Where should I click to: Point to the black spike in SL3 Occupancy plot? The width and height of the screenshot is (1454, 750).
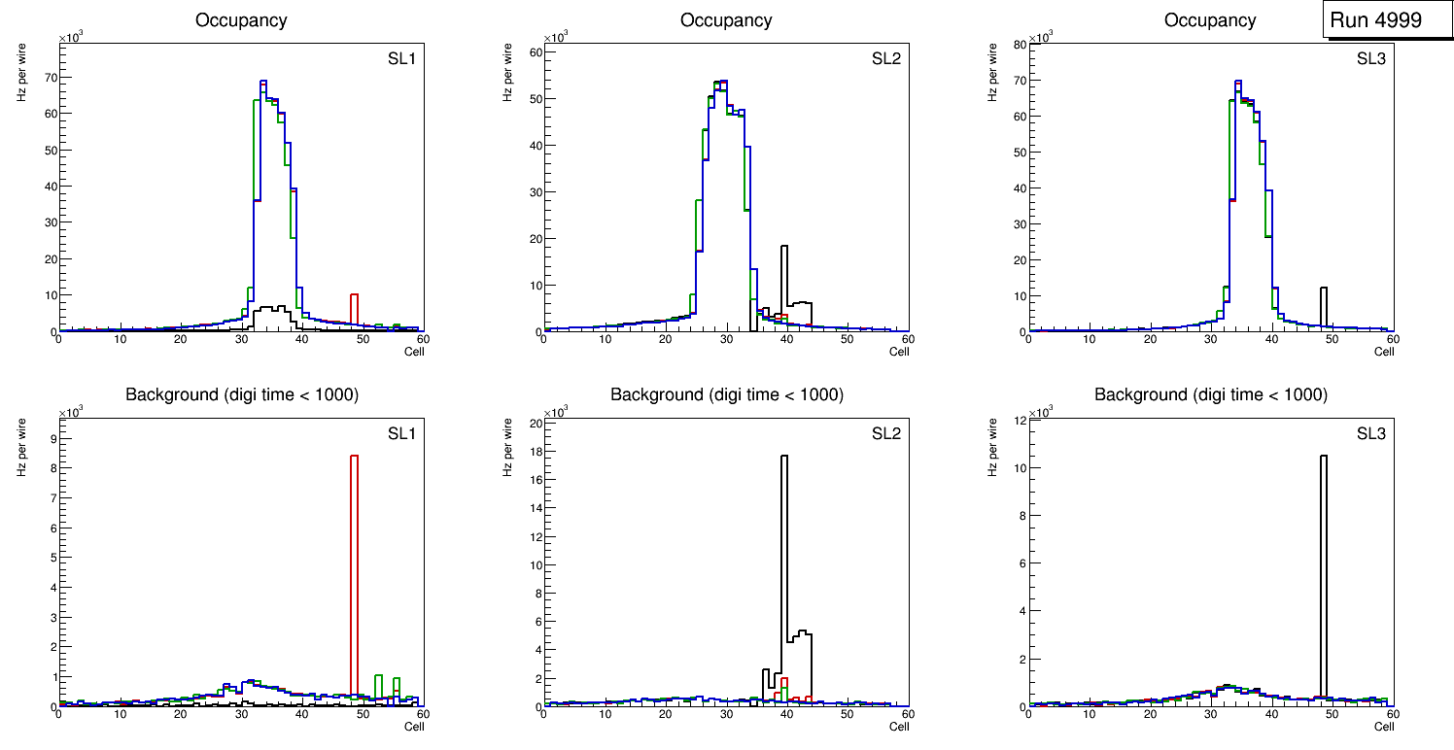(1323, 306)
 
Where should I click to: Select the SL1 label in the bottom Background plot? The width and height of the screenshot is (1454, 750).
(402, 432)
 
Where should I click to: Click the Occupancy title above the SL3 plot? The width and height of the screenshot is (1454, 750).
(1210, 20)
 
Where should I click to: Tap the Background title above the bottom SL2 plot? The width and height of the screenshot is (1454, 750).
(726, 394)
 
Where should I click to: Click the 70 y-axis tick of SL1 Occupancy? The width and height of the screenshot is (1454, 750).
(52, 76)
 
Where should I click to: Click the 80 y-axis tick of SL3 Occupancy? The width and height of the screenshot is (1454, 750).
(1020, 44)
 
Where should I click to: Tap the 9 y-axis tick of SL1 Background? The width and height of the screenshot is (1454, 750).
(52, 438)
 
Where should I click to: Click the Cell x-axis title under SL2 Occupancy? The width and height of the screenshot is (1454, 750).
(899, 352)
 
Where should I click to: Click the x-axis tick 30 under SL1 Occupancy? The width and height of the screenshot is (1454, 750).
(241, 339)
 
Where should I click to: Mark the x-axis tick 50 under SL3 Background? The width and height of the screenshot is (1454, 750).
(1332, 714)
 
